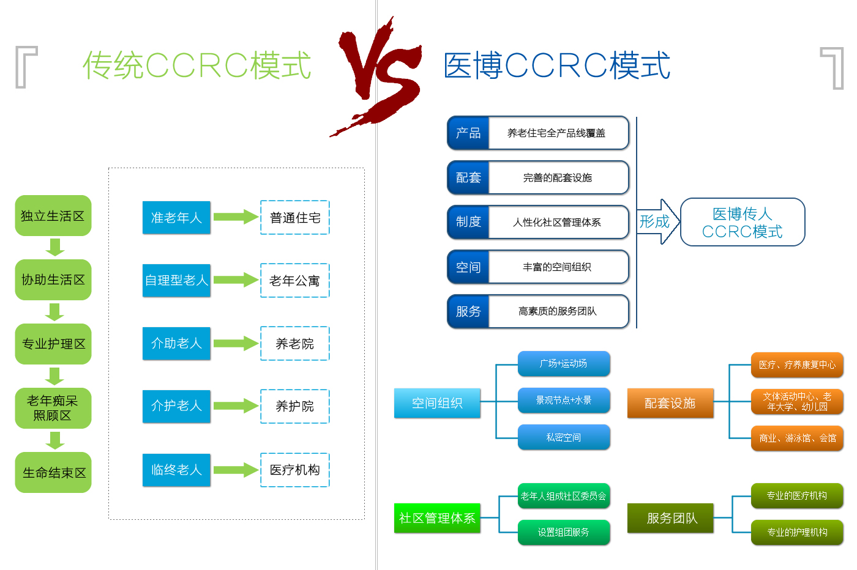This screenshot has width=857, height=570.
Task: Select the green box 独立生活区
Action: click(53, 216)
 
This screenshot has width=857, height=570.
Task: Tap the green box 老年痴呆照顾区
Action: click(53, 408)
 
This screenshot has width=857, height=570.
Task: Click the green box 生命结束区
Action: click(53, 473)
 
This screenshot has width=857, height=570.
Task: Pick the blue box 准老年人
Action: click(176, 218)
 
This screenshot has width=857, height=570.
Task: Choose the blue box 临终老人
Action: click(176, 470)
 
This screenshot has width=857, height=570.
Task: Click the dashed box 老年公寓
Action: click(295, 280)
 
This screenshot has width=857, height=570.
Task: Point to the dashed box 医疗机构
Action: click(295, 470)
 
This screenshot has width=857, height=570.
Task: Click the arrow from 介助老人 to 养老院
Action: click(236, 343)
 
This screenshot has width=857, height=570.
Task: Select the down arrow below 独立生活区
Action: click(55, 247)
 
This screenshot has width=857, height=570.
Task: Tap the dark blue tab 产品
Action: click(468, 133)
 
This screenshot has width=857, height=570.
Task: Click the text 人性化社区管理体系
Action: click(557, 222)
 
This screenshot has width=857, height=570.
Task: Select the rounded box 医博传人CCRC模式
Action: click(743, 222)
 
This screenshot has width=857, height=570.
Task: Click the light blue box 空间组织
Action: click(437, 403)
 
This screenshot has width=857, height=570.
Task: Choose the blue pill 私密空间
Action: click(564, 437)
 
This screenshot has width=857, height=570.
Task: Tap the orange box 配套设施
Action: click(670, 403)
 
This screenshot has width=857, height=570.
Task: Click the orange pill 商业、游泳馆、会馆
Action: click(797, 438)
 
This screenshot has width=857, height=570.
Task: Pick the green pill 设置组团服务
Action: click(564, 532)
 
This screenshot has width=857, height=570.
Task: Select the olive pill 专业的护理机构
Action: click(797, 532)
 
